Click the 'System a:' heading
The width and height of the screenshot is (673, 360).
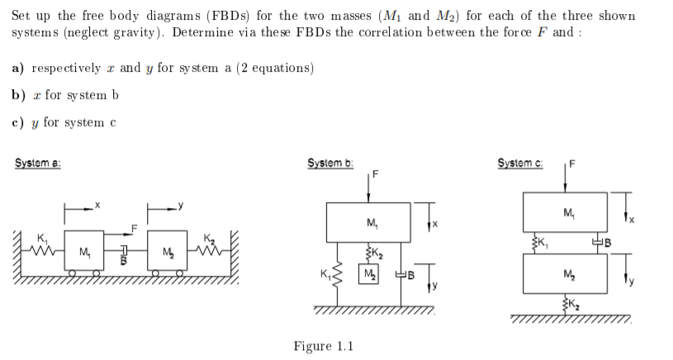point(38,163)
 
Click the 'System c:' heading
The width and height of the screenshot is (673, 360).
point(517,163)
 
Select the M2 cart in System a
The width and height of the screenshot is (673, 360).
point(168,251)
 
